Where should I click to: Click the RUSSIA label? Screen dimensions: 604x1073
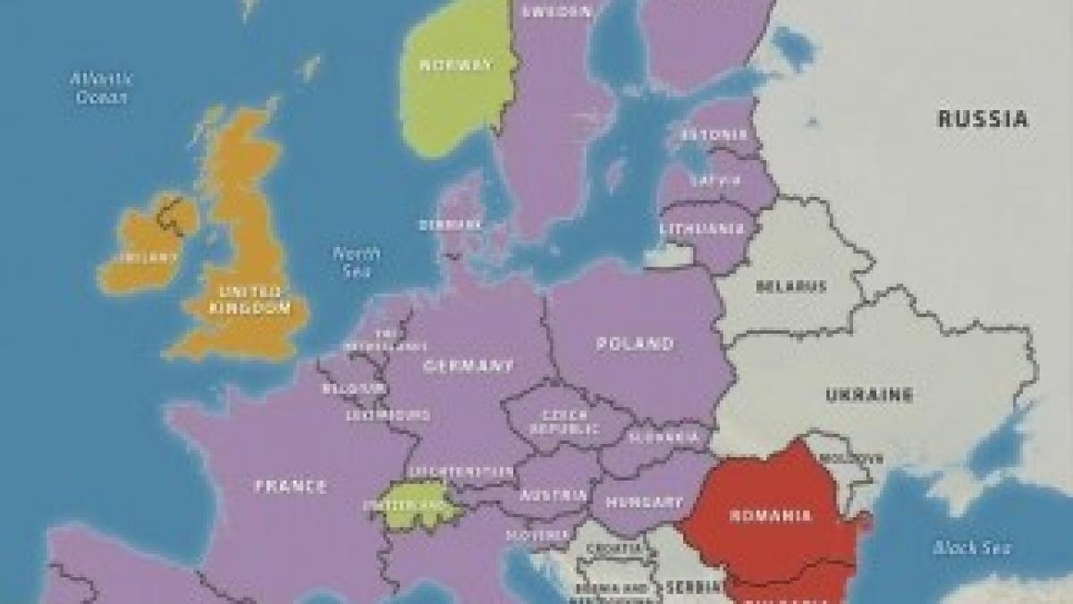[x=983, y=118]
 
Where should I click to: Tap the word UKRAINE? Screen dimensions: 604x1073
[x=869, y=395]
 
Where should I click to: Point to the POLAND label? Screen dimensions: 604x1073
[x=635, y=344]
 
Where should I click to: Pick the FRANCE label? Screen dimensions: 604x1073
[x=291, y=486]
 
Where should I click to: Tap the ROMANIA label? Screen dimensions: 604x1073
[x=771, y=515]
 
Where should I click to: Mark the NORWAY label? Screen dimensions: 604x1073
[x=457, y=64]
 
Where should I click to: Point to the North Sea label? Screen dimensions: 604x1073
[x=357, y=262]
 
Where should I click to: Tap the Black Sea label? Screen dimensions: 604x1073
[x=959, y=547]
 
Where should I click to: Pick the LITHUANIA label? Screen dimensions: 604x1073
[x=702, y=228]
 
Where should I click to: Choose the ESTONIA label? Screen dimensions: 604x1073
[x=714, y=135]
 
